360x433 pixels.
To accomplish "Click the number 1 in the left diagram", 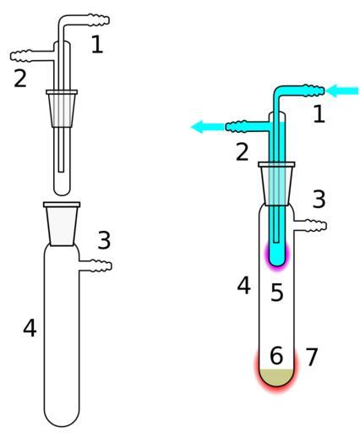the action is coord(97,45).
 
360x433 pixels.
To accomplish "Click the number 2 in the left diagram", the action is coord(20,78).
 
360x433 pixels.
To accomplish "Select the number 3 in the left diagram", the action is coord(104,240).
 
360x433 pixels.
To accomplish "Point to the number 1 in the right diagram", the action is coord(319,114).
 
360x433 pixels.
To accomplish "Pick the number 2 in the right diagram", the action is coord(243,152).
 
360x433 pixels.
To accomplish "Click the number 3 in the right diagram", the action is coord(319,199).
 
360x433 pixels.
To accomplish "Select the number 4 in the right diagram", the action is coord(243,286).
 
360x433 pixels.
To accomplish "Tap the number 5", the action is coord(276,293).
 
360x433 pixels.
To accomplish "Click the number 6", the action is coord(276,355).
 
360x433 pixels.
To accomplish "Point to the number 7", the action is coord(312,357).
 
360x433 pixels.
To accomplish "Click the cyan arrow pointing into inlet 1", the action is coord(342,90).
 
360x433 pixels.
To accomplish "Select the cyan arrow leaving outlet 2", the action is coord(208,127).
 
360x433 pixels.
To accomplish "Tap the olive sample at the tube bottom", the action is coord(276,377).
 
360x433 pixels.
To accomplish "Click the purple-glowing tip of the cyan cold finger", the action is coord(277,256).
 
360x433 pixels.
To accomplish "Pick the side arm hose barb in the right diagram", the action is coord(311,226).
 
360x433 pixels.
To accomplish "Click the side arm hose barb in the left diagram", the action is coord(95,266).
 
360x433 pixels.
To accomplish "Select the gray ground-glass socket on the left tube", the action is coord(62,224).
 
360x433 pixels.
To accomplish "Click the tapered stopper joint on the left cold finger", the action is coord(62,108).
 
